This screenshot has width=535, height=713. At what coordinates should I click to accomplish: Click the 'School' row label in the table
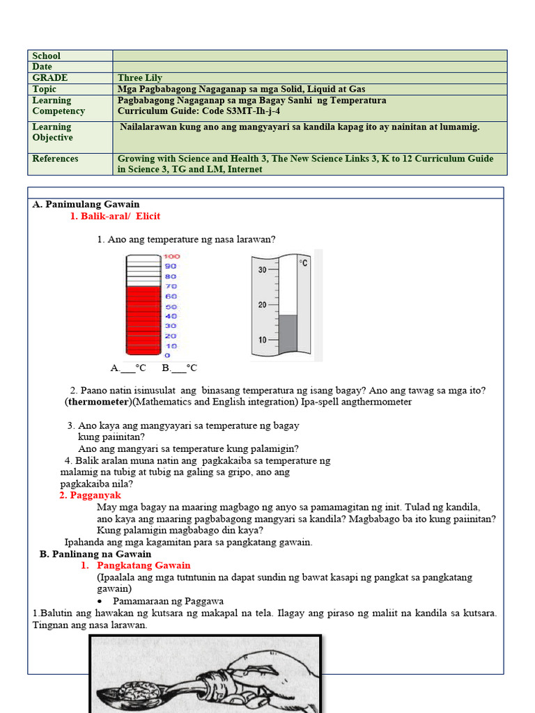tap(47, 56)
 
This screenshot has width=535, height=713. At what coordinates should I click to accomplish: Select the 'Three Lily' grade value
tap(140, 78)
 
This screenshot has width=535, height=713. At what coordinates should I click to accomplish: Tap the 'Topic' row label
tap(45, 89)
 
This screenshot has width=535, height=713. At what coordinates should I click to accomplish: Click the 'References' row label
tap(56, 159)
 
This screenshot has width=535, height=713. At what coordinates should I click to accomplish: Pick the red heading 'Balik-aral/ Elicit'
tap(116, 217)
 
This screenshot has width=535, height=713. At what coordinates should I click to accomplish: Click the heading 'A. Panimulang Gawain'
tap(86, 204)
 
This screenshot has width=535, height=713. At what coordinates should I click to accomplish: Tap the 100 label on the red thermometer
tap(171, 256)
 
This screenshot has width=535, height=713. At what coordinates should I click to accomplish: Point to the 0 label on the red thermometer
tap(167, 355)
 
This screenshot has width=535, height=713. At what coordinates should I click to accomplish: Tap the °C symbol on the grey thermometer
tap(304, 263)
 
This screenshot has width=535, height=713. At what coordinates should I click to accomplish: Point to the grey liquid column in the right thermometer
tap(288, 334)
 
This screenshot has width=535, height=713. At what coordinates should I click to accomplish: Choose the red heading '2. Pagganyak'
tap(90, 495)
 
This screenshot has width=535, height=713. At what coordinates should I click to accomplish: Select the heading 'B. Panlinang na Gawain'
tap(95, 554)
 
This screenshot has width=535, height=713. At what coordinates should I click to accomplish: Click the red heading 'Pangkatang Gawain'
tap(144, 565)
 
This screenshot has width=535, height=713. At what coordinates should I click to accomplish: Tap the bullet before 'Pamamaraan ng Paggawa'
tap(102, 601)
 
